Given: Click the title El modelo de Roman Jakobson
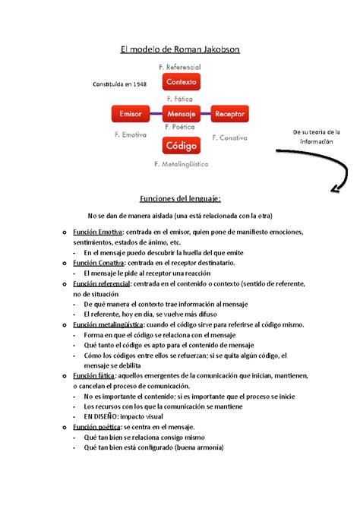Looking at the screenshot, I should [x=180, y=50].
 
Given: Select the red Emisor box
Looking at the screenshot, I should [x=131, y=114].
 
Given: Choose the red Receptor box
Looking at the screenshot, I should [x=229, y=114].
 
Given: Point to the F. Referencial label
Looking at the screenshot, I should [x=181, y=68].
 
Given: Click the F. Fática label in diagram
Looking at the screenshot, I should [x=179, y=99].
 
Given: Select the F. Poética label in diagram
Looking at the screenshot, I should [x=180, y=128].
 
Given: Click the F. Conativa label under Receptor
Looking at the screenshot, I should [x=231, y=138].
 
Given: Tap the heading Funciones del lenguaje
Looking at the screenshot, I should [x=179, y=198].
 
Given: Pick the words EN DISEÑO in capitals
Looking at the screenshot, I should [x=103, y=417].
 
